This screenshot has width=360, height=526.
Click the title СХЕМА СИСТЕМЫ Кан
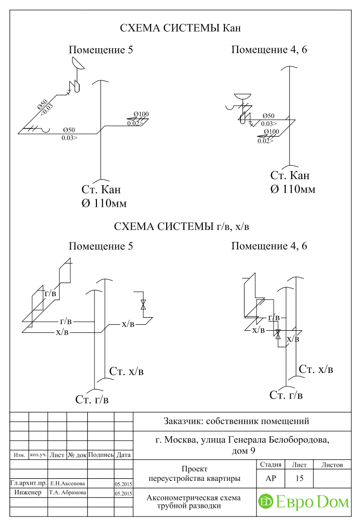click(180, 28)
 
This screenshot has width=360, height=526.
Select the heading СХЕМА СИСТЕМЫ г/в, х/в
click(181, 226)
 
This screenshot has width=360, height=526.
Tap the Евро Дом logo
click(304, 502)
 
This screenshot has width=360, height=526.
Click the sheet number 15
click(299, 478)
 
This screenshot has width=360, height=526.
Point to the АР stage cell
click(271, 478)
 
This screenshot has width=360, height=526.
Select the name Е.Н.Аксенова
click(67, 483)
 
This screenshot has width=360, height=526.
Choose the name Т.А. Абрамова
click(67, 492)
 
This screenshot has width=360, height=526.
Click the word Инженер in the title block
click(28, 492)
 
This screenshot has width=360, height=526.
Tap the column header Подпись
click(100, 455)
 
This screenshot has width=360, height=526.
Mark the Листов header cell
click(332, 465)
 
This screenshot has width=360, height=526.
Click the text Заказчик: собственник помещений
click(236, 421)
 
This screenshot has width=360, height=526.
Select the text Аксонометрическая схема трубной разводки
click(193, 501)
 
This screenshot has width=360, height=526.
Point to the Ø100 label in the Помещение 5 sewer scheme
click(141, 114)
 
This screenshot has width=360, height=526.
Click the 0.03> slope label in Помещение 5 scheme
click(69, 138)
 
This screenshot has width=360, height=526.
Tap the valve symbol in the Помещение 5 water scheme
click(143, 305)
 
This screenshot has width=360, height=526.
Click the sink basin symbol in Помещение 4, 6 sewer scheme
click(243, 96)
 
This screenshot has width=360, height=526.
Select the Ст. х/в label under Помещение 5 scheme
click(126, 371)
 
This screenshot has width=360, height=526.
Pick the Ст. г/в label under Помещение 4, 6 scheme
click(286, 395)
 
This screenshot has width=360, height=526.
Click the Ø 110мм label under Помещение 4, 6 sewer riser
click(293, 189)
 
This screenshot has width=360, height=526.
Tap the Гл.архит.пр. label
click(29, 483)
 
